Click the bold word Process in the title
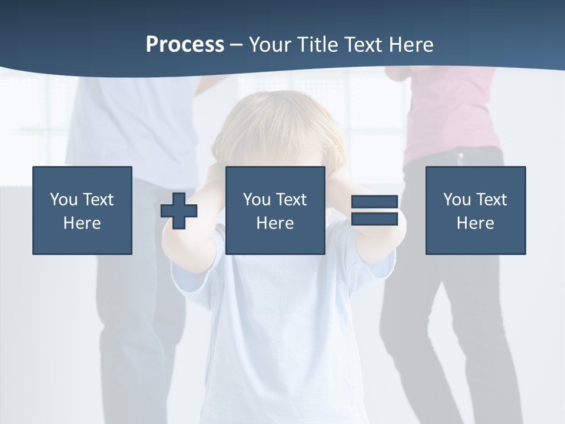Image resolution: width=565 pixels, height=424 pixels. [x=185, y=44]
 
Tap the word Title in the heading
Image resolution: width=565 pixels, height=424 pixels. [x=318, y=44]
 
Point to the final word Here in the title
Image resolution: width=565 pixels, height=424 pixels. [x=411, y=44]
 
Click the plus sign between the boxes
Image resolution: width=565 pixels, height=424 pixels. [x=179, y=211]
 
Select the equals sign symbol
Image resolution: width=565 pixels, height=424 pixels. [x=374, y=210]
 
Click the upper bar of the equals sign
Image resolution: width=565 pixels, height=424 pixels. [x=374, y=202]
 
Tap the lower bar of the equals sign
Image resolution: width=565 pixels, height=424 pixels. [x=374, y=218]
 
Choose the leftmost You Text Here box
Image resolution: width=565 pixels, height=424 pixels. [x=82, y=210]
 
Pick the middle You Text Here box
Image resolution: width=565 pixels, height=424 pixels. [x=275, y=210]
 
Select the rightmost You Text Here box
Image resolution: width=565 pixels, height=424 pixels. [x=476, y=210]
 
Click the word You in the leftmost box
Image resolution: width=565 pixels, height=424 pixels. [x=64, y=200]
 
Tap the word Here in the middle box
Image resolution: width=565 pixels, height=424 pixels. [x=275, y=223]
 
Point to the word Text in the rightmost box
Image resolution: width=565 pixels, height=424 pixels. [x=491, y=200]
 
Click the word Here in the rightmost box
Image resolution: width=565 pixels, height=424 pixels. [x=476, y=223]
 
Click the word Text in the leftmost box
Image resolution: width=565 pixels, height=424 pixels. [x=98, y=200]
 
